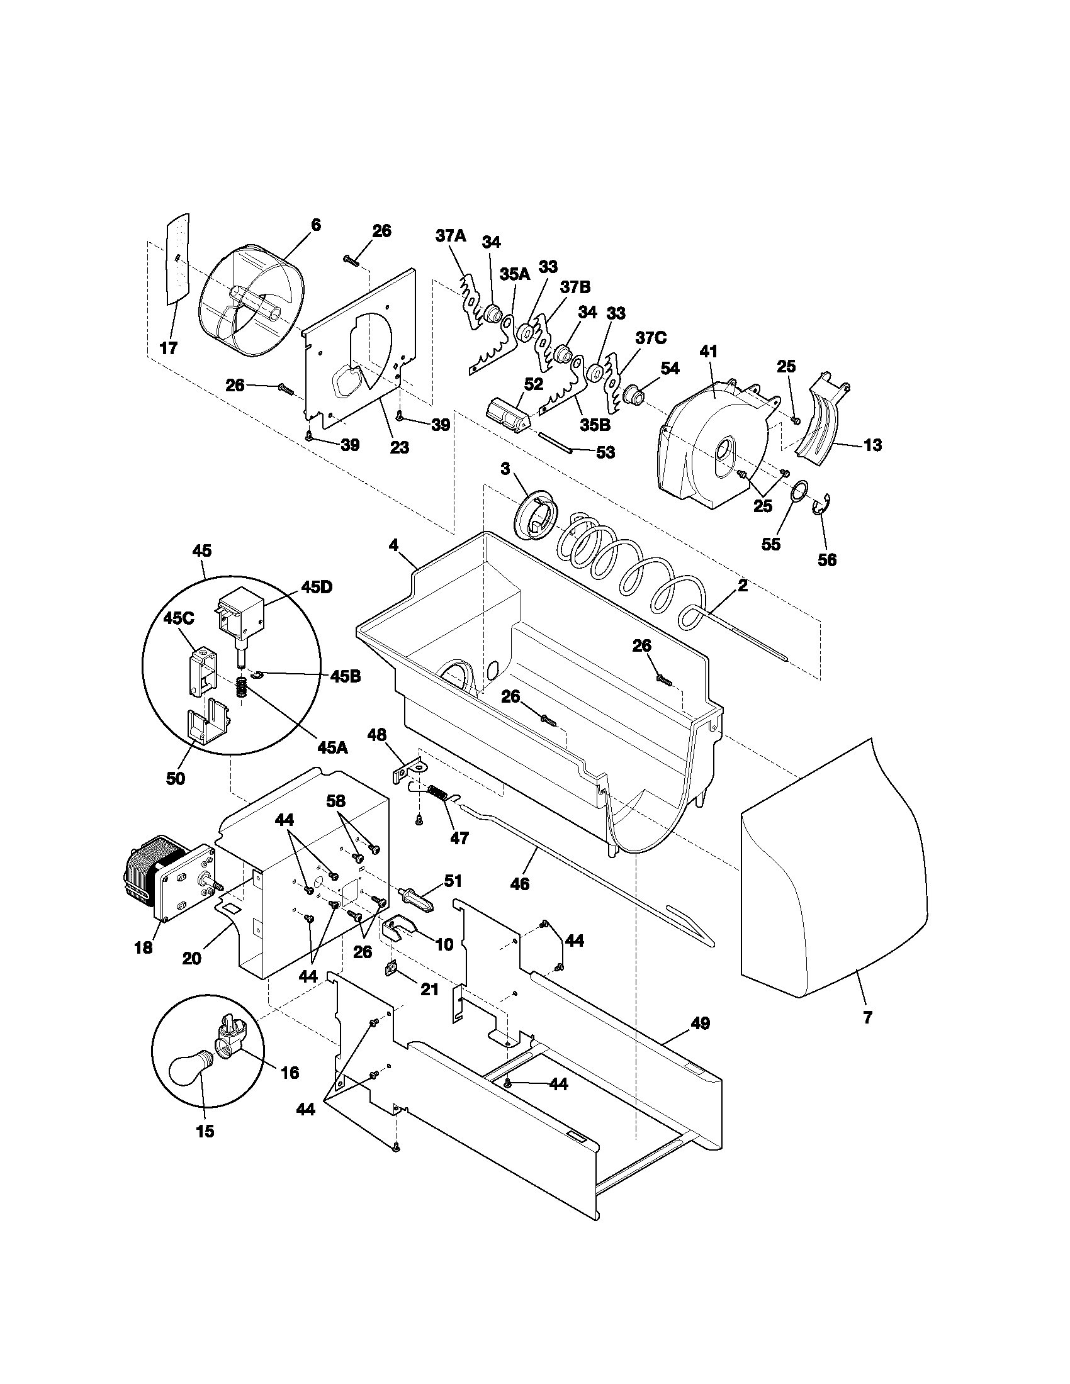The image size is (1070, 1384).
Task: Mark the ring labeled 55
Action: (799, 491)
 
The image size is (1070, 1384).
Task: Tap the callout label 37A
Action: (451, 237)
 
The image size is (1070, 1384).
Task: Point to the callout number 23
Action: (399, 448)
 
